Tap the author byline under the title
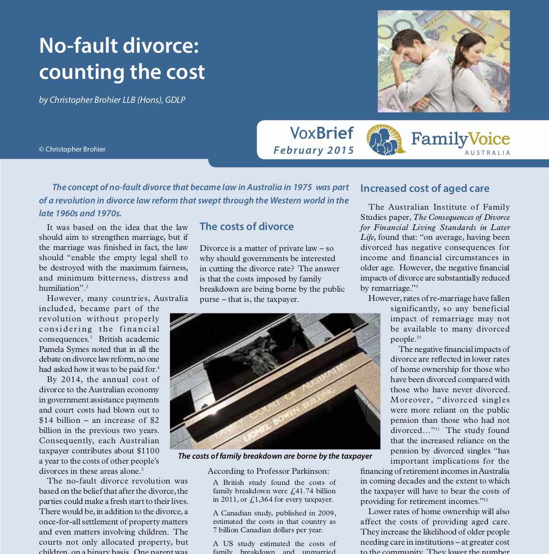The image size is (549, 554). (112, 100)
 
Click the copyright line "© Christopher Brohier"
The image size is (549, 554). (72, 149)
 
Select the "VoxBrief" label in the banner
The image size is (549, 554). (321, 133)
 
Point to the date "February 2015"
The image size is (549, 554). (313, 150)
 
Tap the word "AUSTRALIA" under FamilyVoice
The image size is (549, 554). (487, 153)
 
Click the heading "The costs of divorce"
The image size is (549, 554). (247, 226)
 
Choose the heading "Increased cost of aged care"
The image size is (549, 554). (425, 188)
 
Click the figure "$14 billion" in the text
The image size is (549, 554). (60, 420)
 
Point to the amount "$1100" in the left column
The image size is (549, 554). (148, 451)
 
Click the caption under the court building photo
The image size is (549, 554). (274, 456)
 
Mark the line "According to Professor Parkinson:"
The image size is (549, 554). (268, 471)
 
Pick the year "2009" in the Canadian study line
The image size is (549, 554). (326, 513)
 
